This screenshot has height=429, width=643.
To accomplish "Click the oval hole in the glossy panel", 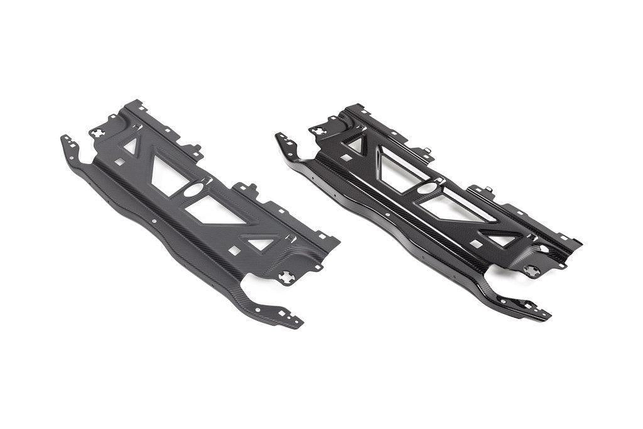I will [427, 188].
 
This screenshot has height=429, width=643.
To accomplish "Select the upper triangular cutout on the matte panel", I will [131, 146].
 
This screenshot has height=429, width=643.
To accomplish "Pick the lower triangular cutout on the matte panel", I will [261, 243].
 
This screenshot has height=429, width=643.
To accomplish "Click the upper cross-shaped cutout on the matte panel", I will [99, 133].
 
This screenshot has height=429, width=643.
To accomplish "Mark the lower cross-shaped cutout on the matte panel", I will [286, 276].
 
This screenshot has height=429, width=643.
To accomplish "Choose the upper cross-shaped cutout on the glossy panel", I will [318, 131].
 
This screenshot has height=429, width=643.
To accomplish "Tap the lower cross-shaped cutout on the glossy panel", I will [532, 271].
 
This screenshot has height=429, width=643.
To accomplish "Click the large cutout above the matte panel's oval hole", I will [167, 171].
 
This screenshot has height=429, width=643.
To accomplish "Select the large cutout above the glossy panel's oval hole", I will [394, 168].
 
